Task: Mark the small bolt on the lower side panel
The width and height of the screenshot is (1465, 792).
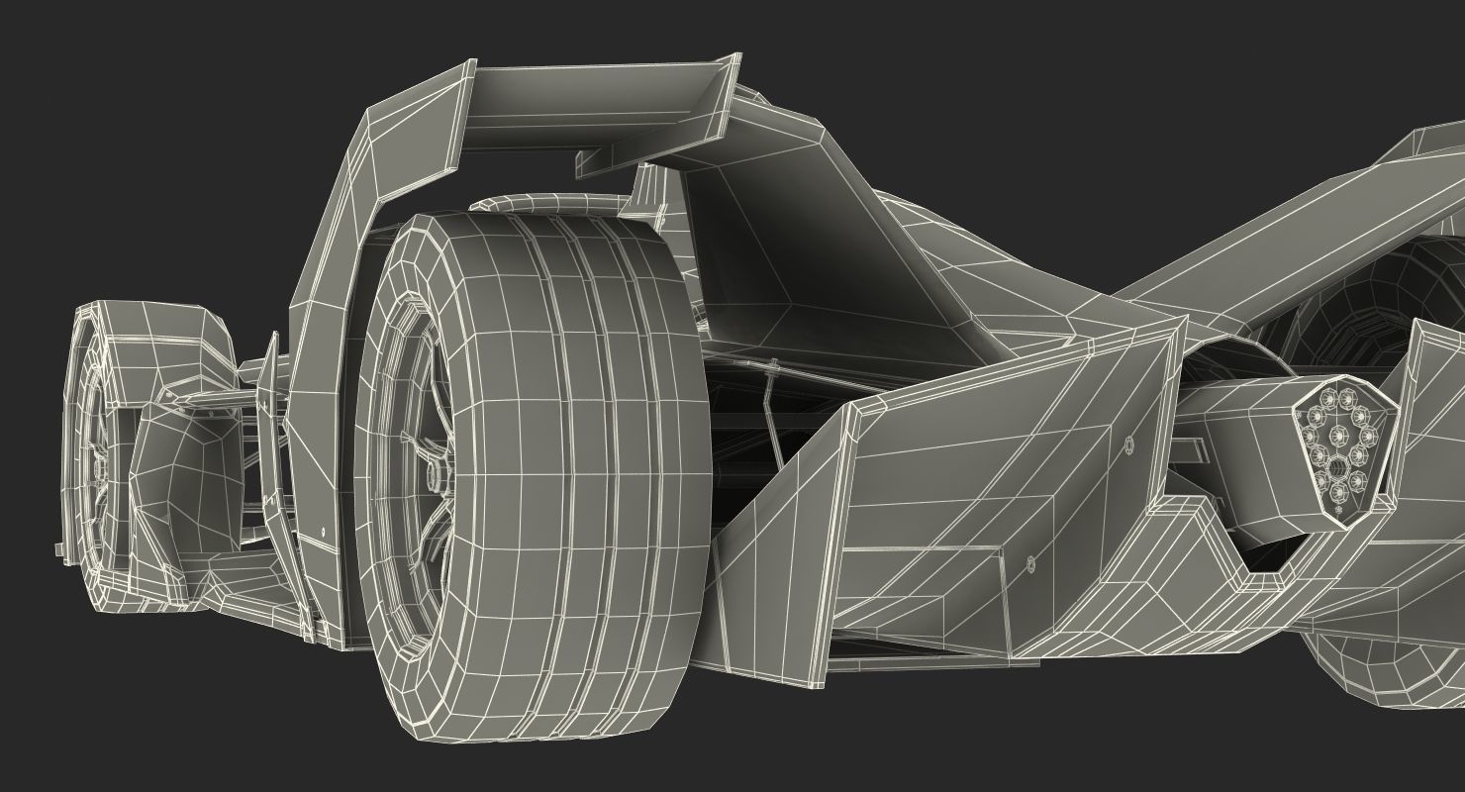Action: coord(1030,563)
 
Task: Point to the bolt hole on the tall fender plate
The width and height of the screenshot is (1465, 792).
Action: coord(324,533)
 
